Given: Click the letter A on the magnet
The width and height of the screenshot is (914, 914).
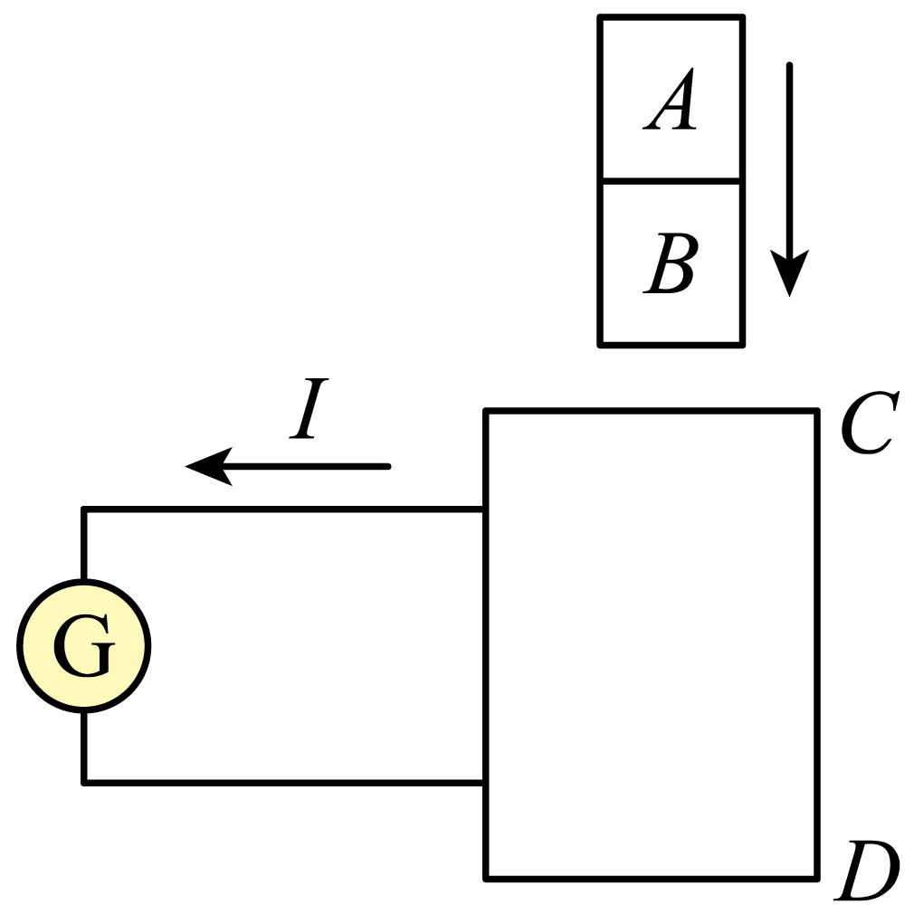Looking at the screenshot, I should click(671, 102).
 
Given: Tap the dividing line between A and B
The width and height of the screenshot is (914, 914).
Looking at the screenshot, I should click(671, 180).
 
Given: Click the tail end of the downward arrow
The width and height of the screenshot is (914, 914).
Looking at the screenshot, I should click(789, 65).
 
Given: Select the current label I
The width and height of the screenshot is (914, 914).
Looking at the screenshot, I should click(309, 411).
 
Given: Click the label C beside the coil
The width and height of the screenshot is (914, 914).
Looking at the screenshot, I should click(867, 424).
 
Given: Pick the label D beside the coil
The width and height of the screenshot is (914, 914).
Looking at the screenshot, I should click(867, 872).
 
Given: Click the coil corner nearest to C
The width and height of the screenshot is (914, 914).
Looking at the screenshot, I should click(817, 413).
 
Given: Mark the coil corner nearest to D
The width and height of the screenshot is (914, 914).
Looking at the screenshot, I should click(817, 877).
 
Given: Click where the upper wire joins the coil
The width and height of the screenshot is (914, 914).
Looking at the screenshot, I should click(486, 509).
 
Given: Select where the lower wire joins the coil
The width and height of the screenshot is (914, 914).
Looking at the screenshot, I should click(486, 782).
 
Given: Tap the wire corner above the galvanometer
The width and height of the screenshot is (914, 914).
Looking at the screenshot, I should click(84, 509).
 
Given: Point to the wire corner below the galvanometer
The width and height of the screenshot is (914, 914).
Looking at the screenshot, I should click(84, 782).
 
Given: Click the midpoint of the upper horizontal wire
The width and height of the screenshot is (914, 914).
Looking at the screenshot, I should click(285, 509).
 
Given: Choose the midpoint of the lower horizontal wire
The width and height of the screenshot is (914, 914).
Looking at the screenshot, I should click(285, 782).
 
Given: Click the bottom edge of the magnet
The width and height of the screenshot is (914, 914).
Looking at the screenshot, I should click(671, 344).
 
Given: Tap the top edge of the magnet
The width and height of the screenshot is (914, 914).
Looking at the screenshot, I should click(671, 16).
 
